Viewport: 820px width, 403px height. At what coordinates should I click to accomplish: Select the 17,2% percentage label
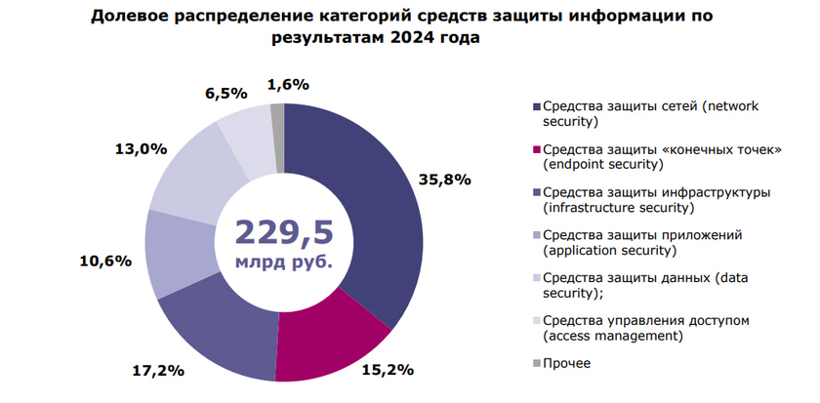click(x=159, y=371)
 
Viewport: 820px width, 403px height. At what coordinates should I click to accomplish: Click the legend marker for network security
click(x=536, y=106)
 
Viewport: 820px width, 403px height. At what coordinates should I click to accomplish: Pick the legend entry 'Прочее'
click(x=568, y=364)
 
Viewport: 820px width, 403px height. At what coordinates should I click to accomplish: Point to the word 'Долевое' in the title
click(x=131, y=17)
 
